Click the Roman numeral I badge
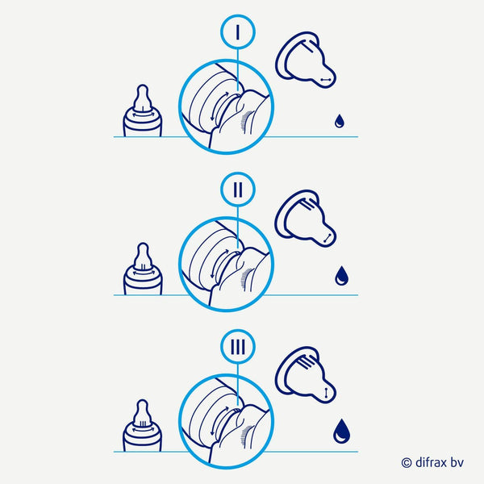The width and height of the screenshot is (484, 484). (238, 31)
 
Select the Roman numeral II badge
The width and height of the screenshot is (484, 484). (238, 190)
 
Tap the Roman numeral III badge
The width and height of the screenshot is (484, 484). (238, 347)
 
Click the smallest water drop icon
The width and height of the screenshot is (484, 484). (340, 121)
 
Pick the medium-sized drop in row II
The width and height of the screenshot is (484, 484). (341, 276)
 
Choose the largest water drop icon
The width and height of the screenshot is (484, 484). (342, 432)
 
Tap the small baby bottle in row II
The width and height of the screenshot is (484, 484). (143, 269)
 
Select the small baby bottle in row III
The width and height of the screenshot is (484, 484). (142, 426)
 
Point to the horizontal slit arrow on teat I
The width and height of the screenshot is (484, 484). (326, 80)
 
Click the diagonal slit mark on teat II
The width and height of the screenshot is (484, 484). (328, 238)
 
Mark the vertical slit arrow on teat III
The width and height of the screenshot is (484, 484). (326, 393)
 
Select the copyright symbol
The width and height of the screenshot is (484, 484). (407, 463)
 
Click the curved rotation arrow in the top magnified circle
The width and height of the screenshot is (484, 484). (219, 106)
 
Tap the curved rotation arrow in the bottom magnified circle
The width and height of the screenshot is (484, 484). (219, 421)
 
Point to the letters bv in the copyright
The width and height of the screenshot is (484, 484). (457, 462)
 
